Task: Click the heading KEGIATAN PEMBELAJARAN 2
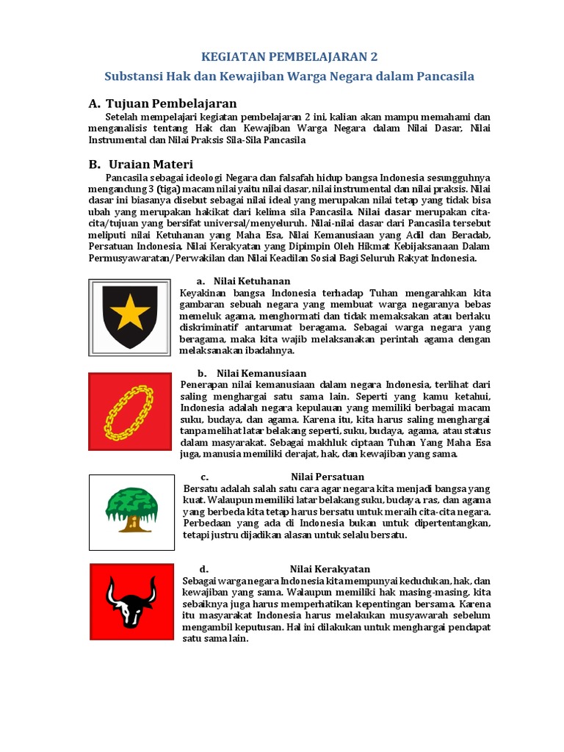(289, 57)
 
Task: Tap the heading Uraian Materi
(151, 164)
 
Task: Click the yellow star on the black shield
(129, 314)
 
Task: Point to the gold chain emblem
(129, 411)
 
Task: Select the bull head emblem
(131, 601)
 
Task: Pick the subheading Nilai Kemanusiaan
(261, 373)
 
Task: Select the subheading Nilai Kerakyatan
(330, 569)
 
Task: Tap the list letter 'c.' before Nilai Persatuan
(204, 477)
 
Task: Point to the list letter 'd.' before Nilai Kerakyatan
(204, 569)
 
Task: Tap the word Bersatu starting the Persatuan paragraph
(200, 488)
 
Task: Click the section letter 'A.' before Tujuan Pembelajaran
(94, 104)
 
